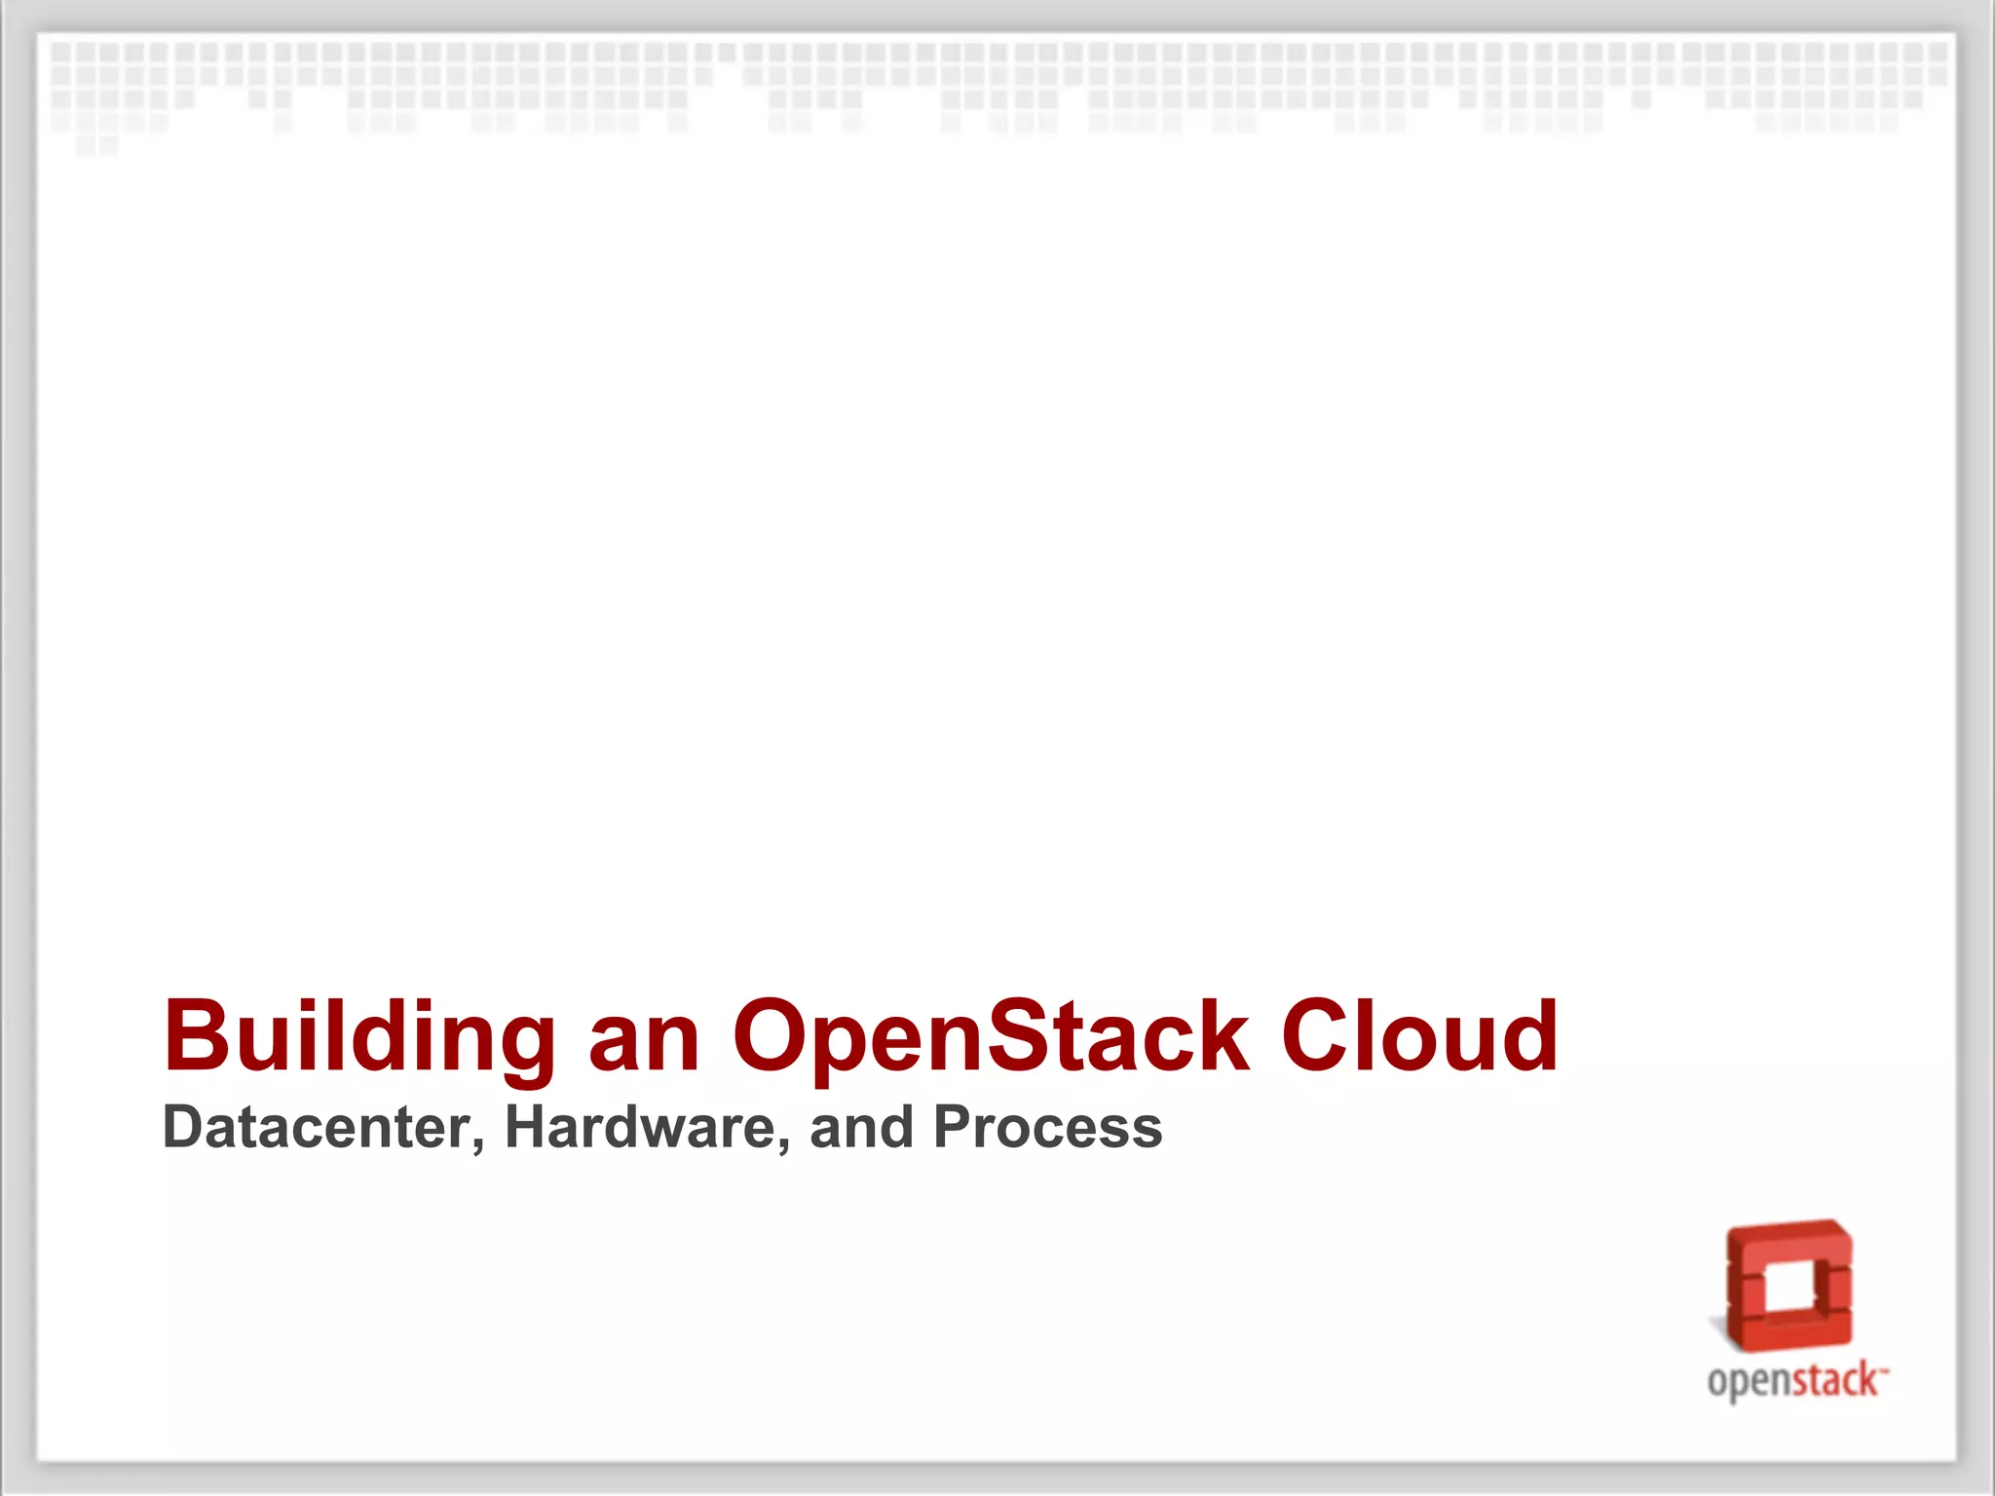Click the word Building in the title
tap(358, 1038)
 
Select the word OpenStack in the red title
tap(991, 1038)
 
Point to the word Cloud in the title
tap(1419, 1036)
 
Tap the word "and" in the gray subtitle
tap(861, 1127)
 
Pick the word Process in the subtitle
tap(1047, 1129)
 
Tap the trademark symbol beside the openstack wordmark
tap(1884, 1369)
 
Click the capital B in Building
tap(199, 1036)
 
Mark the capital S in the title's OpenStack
tap(1022, 1036)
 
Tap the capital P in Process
tap(954, 1127)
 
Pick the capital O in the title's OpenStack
tap(776, 1036)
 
